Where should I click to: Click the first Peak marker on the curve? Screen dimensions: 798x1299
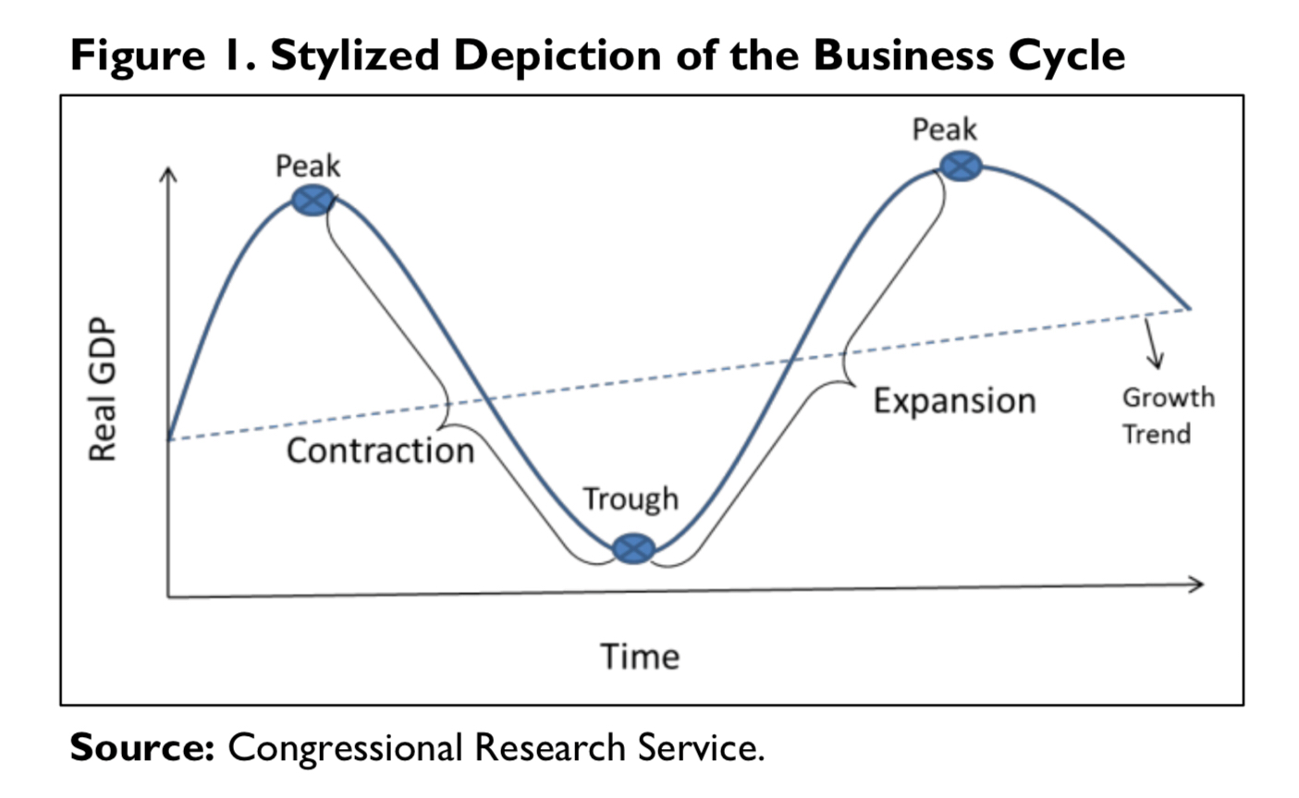pos(312,200)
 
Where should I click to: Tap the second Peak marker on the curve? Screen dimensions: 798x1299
pos(961,166)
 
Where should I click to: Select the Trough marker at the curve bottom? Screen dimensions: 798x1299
pos(633,548)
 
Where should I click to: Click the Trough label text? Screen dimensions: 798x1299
pos(631,499)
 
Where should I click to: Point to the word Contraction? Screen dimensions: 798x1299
pos(380,450)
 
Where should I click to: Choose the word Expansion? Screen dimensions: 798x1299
pos(954,400)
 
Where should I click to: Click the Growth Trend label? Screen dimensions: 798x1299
pos(1168,416)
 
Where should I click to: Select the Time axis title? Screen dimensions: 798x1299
pos(640,657)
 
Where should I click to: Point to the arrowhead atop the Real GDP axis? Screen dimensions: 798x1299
pos(167,174)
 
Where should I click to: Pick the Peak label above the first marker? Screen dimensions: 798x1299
pos(308,166)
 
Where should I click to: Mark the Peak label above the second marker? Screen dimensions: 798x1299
pos(944,129)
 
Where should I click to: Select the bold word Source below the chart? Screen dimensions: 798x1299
pos(141,746)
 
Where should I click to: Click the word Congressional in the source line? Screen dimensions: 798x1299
pos(345,747)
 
